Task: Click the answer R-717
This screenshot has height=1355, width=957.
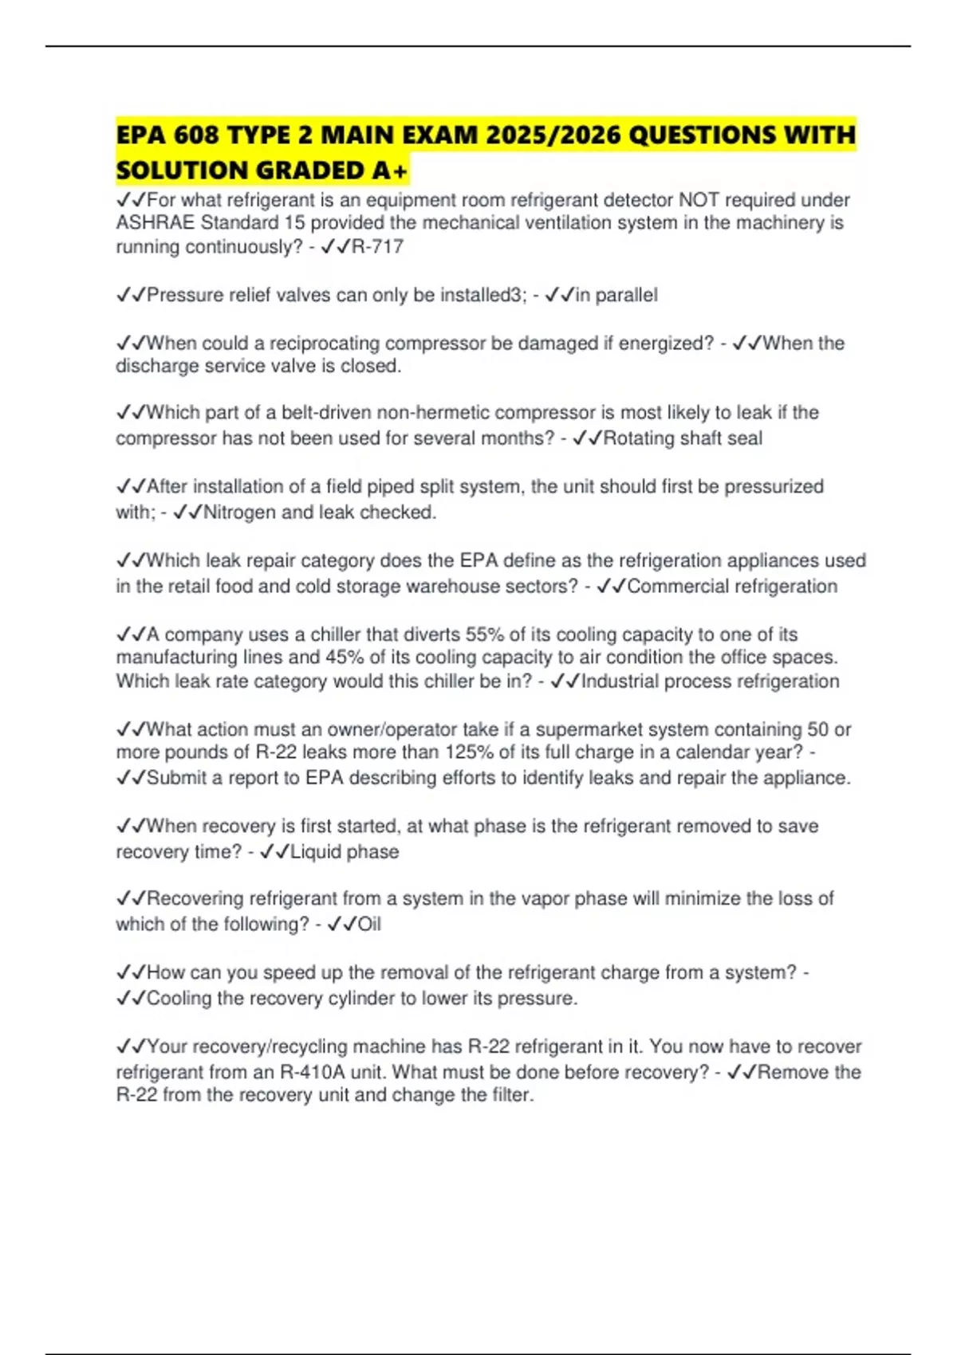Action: pos(377,247)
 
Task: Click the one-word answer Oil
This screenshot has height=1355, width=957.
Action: pos(369,925)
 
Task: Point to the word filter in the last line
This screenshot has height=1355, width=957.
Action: pos(511,1095)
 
